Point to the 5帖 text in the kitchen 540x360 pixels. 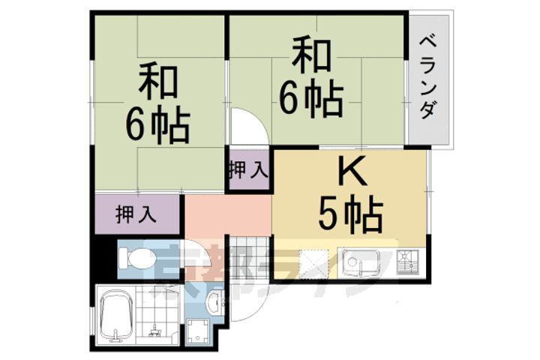tap(351, 215)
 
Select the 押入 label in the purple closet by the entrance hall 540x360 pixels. tap(136, 214)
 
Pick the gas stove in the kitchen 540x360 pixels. tap(409, 262)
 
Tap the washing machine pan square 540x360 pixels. tap(199, 331)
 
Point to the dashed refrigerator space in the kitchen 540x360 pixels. tap(315, 263)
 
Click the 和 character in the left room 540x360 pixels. tap(157, 85)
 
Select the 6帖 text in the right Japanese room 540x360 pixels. tap(312, 96)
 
